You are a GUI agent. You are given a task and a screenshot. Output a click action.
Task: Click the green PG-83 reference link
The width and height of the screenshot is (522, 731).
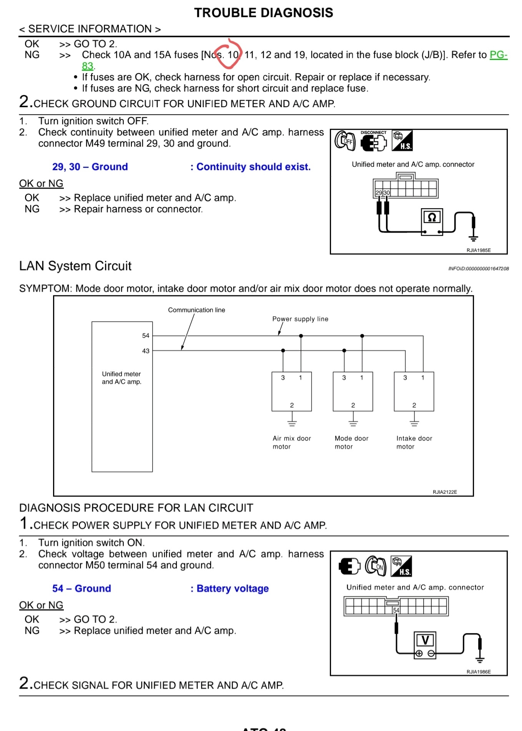coord(498,55)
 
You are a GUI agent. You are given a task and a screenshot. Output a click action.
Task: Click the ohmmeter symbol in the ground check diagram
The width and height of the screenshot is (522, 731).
coord(432,218)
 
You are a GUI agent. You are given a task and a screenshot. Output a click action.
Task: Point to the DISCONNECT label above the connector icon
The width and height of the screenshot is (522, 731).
coord(373,133)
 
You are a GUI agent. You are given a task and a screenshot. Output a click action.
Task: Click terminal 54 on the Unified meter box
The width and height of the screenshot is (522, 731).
coord(146,336)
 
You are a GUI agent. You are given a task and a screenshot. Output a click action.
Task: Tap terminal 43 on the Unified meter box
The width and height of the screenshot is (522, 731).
coord(146,351)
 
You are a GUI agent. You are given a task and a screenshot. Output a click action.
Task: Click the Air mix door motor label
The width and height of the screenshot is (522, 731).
coord(292,443)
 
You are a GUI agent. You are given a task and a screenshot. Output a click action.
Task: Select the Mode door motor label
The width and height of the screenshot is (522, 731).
coord(351,443)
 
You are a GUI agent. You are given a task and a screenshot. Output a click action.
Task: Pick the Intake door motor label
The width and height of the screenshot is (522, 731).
coord(414,443)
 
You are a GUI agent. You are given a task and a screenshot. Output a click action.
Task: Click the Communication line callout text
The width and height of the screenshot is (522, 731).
coord(196,310)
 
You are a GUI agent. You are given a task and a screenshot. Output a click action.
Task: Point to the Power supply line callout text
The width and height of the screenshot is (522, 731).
coord(300,319)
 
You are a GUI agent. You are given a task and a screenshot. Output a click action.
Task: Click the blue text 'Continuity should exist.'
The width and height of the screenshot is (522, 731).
coord(253,167)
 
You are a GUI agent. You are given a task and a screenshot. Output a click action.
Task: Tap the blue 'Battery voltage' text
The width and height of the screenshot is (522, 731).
coord(233,588)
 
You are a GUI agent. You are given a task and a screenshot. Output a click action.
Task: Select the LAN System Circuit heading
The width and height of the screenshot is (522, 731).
coord(75,266)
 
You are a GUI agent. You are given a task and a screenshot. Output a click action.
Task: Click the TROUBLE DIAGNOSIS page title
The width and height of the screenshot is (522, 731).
coord(263,13)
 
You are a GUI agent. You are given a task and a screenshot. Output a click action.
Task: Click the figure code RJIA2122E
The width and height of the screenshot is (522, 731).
coord(445,492)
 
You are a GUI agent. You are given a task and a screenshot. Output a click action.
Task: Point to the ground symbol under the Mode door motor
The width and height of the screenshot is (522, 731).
coord(353,423)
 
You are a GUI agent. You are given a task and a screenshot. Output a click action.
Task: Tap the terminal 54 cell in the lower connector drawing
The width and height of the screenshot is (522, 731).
coord(396,610)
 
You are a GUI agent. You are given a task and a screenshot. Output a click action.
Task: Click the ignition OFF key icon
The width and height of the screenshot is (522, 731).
coord(345,141)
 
